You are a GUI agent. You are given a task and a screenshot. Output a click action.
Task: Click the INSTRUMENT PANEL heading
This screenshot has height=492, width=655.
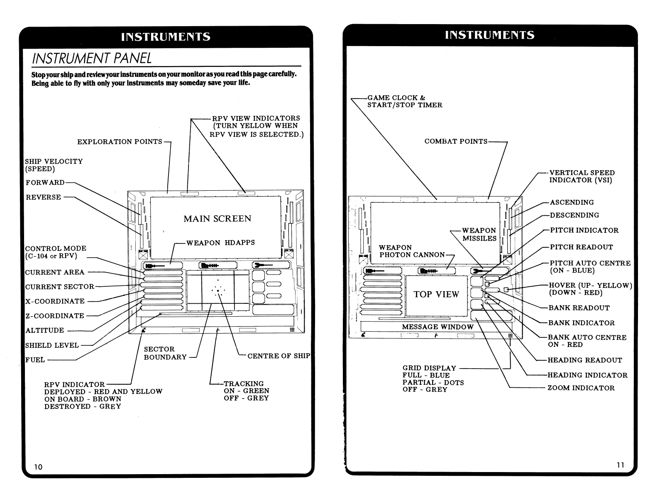tap(92, 58)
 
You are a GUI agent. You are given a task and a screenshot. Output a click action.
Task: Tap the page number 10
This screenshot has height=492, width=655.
tap(38, 467)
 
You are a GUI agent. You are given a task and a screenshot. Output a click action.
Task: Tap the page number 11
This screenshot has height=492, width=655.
tap(620, 465)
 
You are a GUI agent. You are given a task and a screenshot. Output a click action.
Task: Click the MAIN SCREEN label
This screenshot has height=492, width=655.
tap(218, 219)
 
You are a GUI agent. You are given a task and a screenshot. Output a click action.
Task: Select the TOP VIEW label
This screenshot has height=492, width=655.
tap(436, 295)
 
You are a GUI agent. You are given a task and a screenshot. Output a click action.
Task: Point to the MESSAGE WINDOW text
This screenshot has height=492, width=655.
tap(437, 327)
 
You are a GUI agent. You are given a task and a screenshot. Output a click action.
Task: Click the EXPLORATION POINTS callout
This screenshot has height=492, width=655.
tap(120, 142)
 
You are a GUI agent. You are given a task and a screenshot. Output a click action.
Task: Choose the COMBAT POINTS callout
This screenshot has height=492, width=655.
tap(456, 141)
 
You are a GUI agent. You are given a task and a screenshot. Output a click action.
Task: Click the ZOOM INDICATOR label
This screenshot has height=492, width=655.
tap(581, 388)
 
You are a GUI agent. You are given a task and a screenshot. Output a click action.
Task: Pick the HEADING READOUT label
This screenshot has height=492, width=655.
tap(585, 360)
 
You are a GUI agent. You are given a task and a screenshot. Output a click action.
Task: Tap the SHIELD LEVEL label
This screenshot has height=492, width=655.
tap(52, 345)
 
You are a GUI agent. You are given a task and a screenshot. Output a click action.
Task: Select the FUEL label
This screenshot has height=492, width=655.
tap(35, 360)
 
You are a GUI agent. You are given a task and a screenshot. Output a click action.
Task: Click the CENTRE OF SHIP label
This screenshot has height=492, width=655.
tap(279, 356)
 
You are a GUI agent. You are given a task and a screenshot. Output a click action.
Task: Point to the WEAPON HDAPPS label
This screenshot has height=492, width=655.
tap(220, 243)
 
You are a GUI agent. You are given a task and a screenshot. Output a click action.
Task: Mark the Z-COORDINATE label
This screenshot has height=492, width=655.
tap(55, 316)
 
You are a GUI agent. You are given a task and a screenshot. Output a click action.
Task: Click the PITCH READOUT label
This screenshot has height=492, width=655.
tap(581, 247)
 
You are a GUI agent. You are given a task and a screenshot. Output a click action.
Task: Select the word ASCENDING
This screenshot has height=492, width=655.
tap(572, 202)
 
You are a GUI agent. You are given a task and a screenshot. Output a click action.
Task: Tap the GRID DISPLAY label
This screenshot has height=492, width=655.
tap(429, 368)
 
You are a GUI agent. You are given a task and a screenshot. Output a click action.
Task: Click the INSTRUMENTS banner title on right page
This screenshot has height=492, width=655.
tap(489, 35)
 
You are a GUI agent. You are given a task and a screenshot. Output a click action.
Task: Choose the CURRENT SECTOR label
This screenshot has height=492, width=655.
tap(60, 287)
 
